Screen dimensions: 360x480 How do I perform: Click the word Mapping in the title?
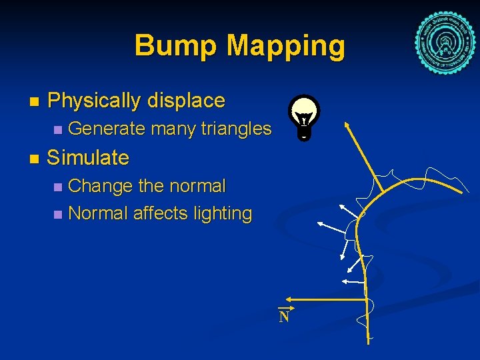(286, 47)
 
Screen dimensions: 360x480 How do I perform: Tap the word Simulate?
(88, 158)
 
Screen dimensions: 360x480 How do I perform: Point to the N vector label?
(284, 316)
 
